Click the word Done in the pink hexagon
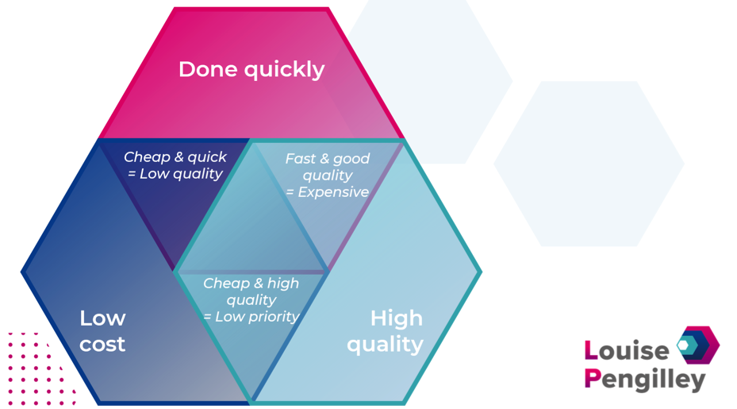point(208,69)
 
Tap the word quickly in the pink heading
point(284,71)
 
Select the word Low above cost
point(102,318)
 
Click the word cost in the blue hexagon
point(102,345)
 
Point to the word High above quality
point(396,318)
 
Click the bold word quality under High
point(385,345)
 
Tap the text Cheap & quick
point(175,156)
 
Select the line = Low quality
point(175,174)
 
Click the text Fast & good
point(328,159)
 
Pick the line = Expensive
point(328,192)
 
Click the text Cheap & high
point(251,283)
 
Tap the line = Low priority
point(251,317)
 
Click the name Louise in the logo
point(627,351)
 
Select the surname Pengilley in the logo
point(645,380)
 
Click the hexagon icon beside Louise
point(698,345)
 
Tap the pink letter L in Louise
point(591,351)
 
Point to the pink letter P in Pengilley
point(593,378)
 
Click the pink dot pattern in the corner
point(40,368)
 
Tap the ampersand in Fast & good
point(324,159)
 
